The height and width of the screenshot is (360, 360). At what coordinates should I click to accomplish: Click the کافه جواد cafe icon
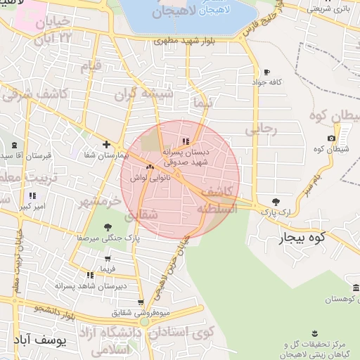click(266, 72)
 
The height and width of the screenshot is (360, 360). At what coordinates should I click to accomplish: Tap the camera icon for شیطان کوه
click(331, 138)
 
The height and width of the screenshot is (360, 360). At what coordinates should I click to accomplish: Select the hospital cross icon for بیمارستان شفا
click(105, 144)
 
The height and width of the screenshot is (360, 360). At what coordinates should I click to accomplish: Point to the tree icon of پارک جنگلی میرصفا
click(108, 226)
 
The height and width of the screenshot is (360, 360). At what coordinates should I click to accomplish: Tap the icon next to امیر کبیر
click(32, 196)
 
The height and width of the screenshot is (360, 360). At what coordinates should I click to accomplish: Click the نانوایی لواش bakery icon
click(149, 167)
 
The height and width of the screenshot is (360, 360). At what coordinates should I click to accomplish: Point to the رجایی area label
click(262, 130)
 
